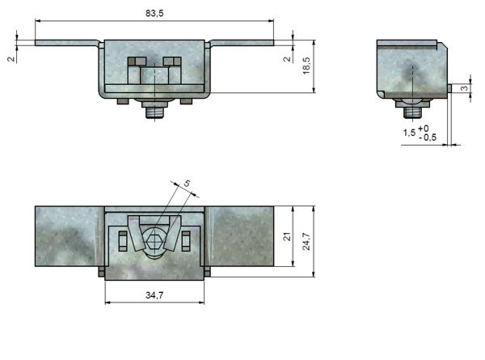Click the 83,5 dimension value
pyautogui.click(x=154, y=13)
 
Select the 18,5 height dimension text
pyautogui.click(x=306, y=66)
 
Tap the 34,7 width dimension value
pyautogui.click(x=154, y=295)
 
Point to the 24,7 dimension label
pyautogui.click(x=306, y=241)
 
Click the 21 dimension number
pyautogui.click(x=287, y=236)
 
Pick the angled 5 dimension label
pyautogui.click(x=187, y=184)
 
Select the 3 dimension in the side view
pyautogui.click(x=464, y=88)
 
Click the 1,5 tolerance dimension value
pyautogui.click(x=409, y=133)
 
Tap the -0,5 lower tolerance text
pyautogui.click(x=428, y=138)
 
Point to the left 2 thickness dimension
pyautogui.click(x=11, y=58)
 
